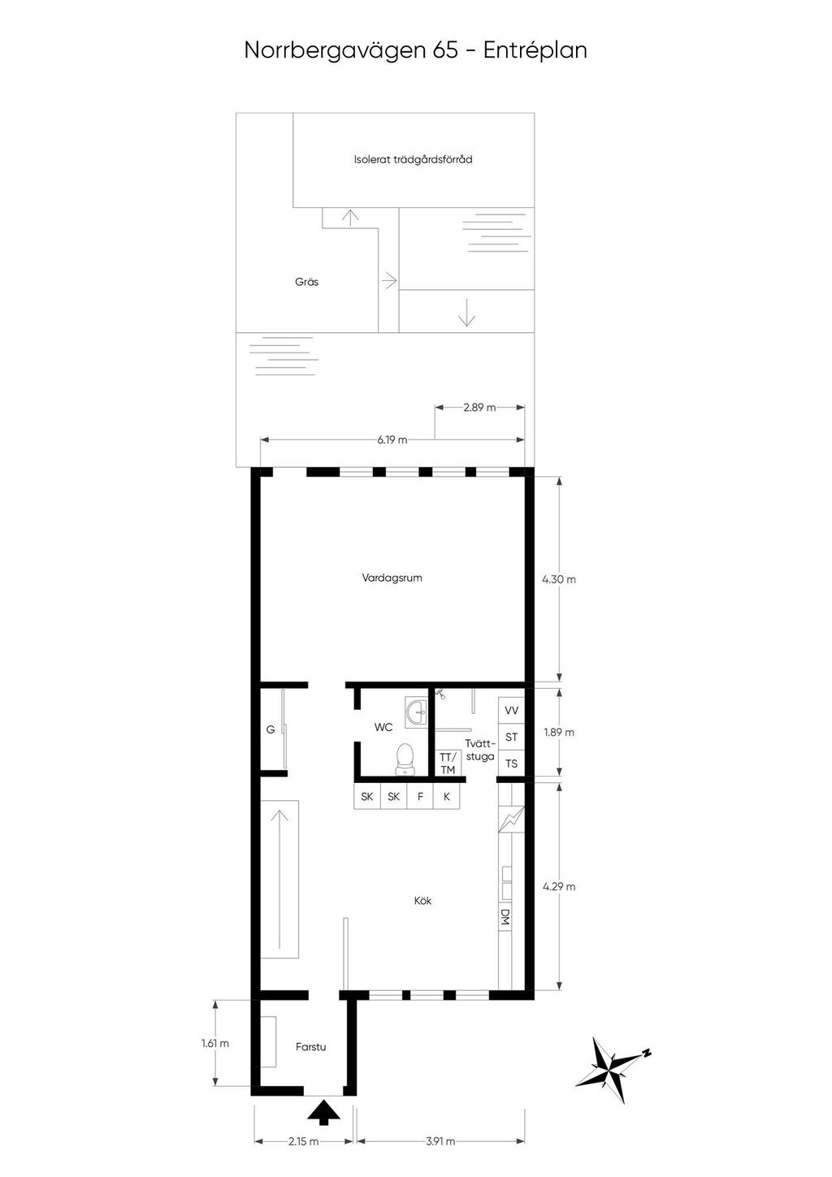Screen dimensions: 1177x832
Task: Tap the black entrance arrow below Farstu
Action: click(x=324, y=1112)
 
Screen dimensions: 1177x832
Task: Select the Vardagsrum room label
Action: click(x=392, y=578)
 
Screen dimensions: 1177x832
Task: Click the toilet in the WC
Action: click(x=405, y=758)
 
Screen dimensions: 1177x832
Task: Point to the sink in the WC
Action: click(x=417, y=711)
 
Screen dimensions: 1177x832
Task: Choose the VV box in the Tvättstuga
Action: click(x=511, y=710)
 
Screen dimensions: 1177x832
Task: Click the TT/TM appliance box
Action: click(x=448, y=764)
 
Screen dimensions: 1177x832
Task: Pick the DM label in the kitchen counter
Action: click(x=505, y=917)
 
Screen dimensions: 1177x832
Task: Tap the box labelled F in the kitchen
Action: click(x=420, y=797)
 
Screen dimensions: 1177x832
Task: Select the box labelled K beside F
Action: click(x=447, y=797)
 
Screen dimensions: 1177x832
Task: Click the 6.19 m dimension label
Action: click(x=392, y=440)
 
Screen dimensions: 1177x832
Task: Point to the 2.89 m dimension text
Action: click(x=479, y=408)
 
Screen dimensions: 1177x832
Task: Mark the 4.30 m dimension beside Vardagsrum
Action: click(x=559, y=580)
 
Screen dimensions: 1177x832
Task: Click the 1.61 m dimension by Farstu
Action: click(x=215, y=1043)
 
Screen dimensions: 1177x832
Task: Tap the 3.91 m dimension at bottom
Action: click(x=440, y=1141)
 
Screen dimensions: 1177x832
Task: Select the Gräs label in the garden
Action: click(x=307, y=282)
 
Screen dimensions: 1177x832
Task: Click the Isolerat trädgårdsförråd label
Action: click(x=413, y=159)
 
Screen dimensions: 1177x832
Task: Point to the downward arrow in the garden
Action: click(x=466, y=313)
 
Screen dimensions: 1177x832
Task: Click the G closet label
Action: click(x=271, y=729)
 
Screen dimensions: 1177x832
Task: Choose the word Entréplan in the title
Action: click(x=535, y=50)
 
